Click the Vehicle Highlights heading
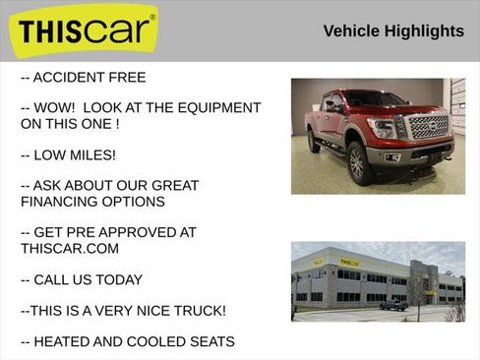pyautogui.click(x=393, y=31)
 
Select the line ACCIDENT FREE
pyautogui.click(x=83, y=78)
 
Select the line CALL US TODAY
pyautogui.click(x=82, y=279)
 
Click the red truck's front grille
pyautogui.click(x=427, y=127)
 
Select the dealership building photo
pyautogui.click(x=378, y=281)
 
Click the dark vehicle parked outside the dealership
pyautogui.click(x=393, y=304)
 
